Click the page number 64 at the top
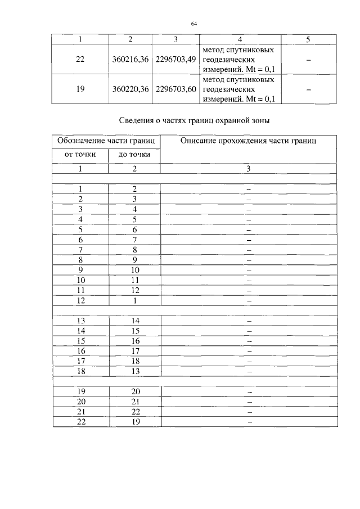click(x=193, y=24)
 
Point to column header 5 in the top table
click(x=308, y=39)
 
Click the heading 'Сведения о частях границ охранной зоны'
click(x=195, y=120)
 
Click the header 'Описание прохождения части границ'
click(x=248, y=141)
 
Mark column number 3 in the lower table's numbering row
click(x=248, y=169)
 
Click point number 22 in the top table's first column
click(x=80, y=60)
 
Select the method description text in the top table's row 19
click(x=239, y=89)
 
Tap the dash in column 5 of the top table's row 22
click(x=308, y=60)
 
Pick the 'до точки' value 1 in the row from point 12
click(x=134, y=301)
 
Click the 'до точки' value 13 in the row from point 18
click(x=134, y=371)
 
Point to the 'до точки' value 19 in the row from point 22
click(x=134, y=422)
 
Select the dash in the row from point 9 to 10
click(x=248, y=270)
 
